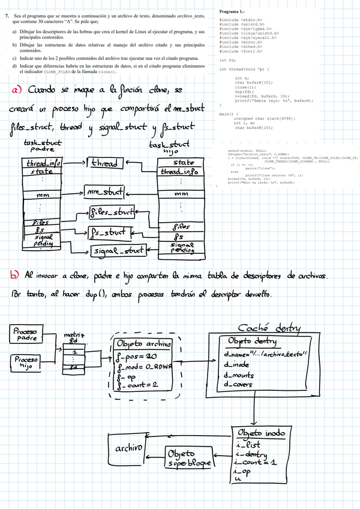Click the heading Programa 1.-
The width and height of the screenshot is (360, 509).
click(x=232, y=11)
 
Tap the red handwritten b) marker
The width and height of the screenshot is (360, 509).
click(x=14, y=276)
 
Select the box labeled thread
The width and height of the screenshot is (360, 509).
click(x=106, y=163)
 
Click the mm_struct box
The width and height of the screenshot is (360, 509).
click(x=103, y=192)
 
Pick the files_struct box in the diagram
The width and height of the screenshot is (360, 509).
click(x=113, y=211)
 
